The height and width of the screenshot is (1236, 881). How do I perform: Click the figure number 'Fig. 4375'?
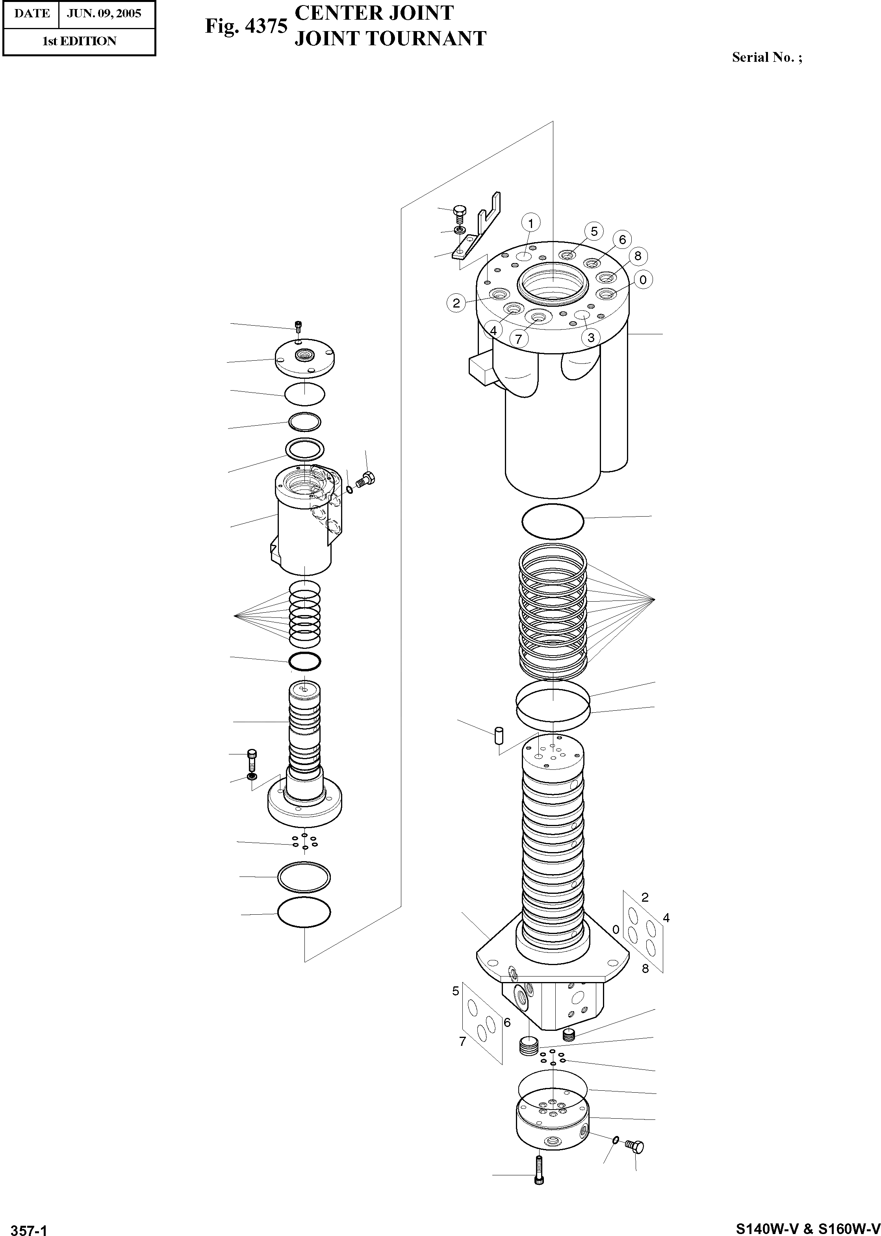click(246, 26)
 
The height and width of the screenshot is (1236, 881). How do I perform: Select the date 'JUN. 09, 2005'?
click(104, 13)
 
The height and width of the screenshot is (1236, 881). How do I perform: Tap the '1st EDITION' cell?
click(79, 41)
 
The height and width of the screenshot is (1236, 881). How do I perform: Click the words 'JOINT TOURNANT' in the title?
click(390, 39)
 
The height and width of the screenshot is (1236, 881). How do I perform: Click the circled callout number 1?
click(530, 223)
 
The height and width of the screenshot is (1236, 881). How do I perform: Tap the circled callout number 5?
click(594, 232)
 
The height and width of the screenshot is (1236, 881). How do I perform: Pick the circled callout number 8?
click(638, 256)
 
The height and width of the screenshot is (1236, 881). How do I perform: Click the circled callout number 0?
click(643, 280)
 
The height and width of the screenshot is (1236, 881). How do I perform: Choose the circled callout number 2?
click(456, 303)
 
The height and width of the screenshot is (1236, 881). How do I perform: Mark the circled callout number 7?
click(519, 339)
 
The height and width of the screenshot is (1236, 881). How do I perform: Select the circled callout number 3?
click(591, 337)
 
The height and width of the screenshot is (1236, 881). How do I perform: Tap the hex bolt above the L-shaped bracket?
click(459, 212)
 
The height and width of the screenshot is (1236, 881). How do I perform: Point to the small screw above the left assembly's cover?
click(298, 326)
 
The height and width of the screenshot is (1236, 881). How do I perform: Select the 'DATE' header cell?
click(32, 13)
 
